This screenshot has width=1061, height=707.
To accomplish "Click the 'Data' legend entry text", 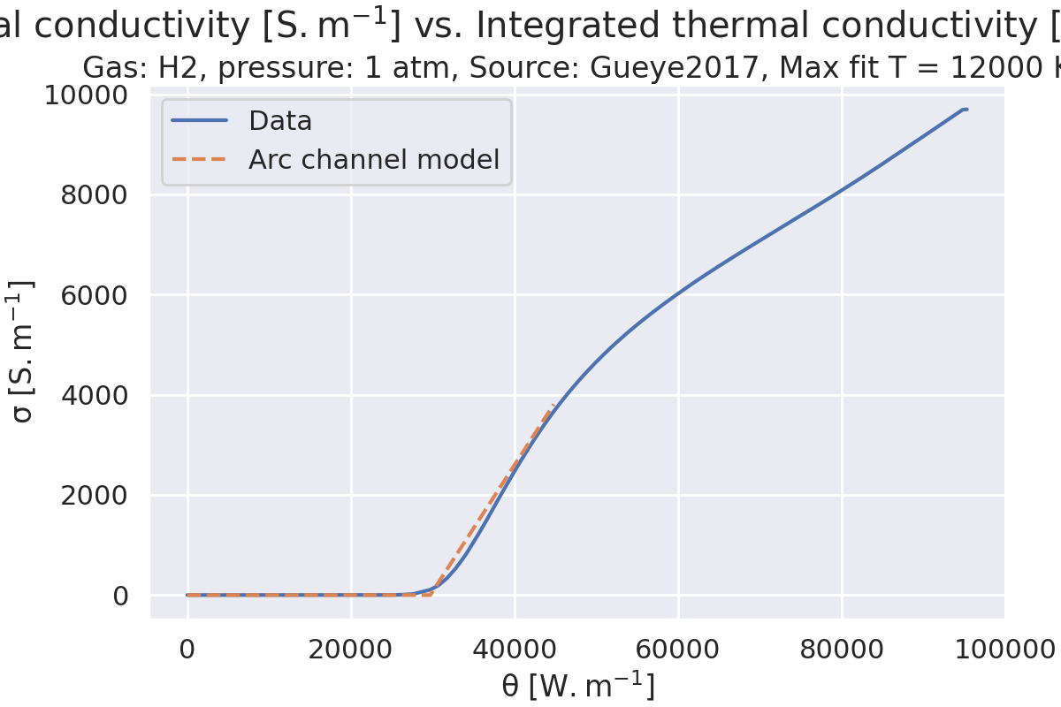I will [x=280, y=121].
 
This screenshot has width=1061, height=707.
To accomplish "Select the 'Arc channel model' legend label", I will [x=373, y=160].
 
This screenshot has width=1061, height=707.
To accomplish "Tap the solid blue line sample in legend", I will [x=200, y=121].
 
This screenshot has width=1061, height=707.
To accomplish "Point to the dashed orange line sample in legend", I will [x=200, y=160].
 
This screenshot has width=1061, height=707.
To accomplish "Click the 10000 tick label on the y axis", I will [x=86, y=95].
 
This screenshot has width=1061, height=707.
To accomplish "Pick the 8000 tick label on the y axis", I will [x=94, y=194].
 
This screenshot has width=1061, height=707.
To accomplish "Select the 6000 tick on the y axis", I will [x=94, y=294].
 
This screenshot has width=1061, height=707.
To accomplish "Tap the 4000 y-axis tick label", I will [x=94, y=395].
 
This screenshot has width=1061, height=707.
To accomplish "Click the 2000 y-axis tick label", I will [x=94, y=495].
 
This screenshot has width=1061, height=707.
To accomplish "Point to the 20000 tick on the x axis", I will [x=351, y=650].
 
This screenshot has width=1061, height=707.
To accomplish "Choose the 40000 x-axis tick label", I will [x=515, y=650].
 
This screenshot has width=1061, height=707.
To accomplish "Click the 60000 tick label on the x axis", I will [x=678, y=650].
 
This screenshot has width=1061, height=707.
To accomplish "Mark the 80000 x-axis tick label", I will [x=842, y=650].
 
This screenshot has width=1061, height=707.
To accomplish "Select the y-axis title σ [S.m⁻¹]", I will [x=24, y=351].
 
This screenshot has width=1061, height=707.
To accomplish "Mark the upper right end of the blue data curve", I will [x=966, y=110].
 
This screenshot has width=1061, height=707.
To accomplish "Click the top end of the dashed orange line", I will [x=554, y=404].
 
